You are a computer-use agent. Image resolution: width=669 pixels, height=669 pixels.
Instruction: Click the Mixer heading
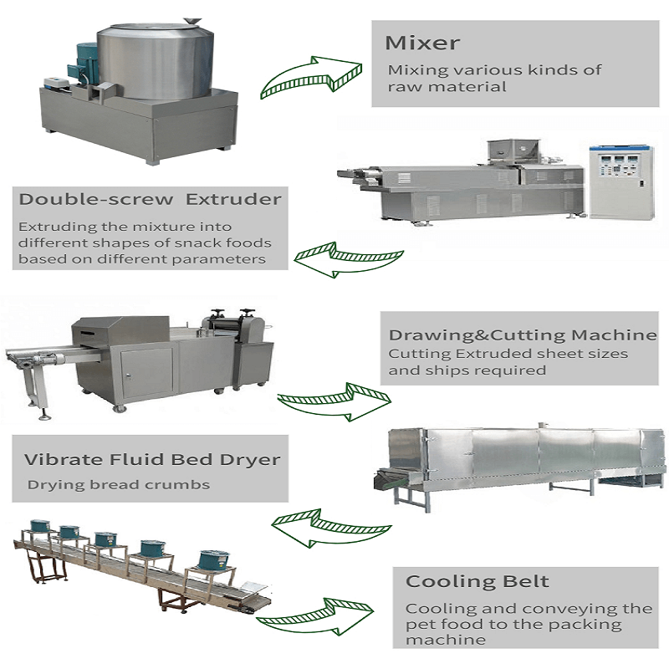click(x=422, y=43)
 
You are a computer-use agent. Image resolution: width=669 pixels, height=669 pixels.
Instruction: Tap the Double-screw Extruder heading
click(x=150, y=200)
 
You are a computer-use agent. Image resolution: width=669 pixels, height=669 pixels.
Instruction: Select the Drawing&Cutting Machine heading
click(x=523, y=334)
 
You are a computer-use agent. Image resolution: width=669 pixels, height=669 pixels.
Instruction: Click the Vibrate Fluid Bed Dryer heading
click(x=151, y=459)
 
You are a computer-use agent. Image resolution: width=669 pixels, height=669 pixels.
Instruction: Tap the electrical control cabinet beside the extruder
click(x=620, y=181)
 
